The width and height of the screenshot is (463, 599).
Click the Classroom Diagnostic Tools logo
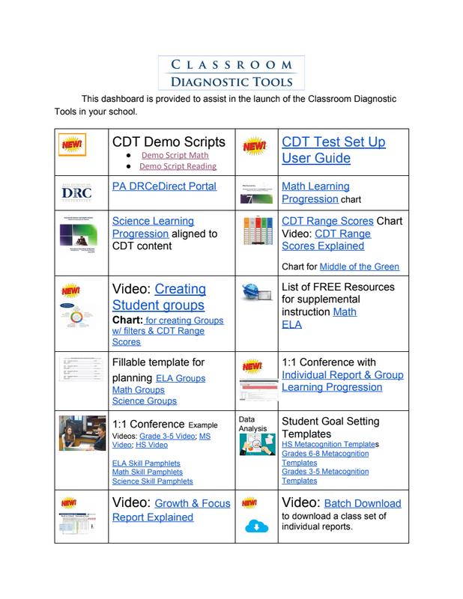point(231,73)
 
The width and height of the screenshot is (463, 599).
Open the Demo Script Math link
point(174,155)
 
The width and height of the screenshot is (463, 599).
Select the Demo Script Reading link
point(178,166)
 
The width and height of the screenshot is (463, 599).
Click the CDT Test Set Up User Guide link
point(333,150)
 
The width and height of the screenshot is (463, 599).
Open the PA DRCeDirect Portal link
point(164,186)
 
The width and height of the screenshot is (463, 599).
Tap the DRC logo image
point(80,193)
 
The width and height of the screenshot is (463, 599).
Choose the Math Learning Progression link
point(315,192)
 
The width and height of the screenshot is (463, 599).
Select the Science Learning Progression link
point(152,227)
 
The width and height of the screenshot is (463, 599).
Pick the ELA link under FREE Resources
point(290,324)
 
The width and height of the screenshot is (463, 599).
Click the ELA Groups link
point(180,378)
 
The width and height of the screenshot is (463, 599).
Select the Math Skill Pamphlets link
point(147,472)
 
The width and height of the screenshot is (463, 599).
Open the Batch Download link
point(363,503)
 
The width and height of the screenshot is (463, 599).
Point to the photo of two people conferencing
point(82,434)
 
